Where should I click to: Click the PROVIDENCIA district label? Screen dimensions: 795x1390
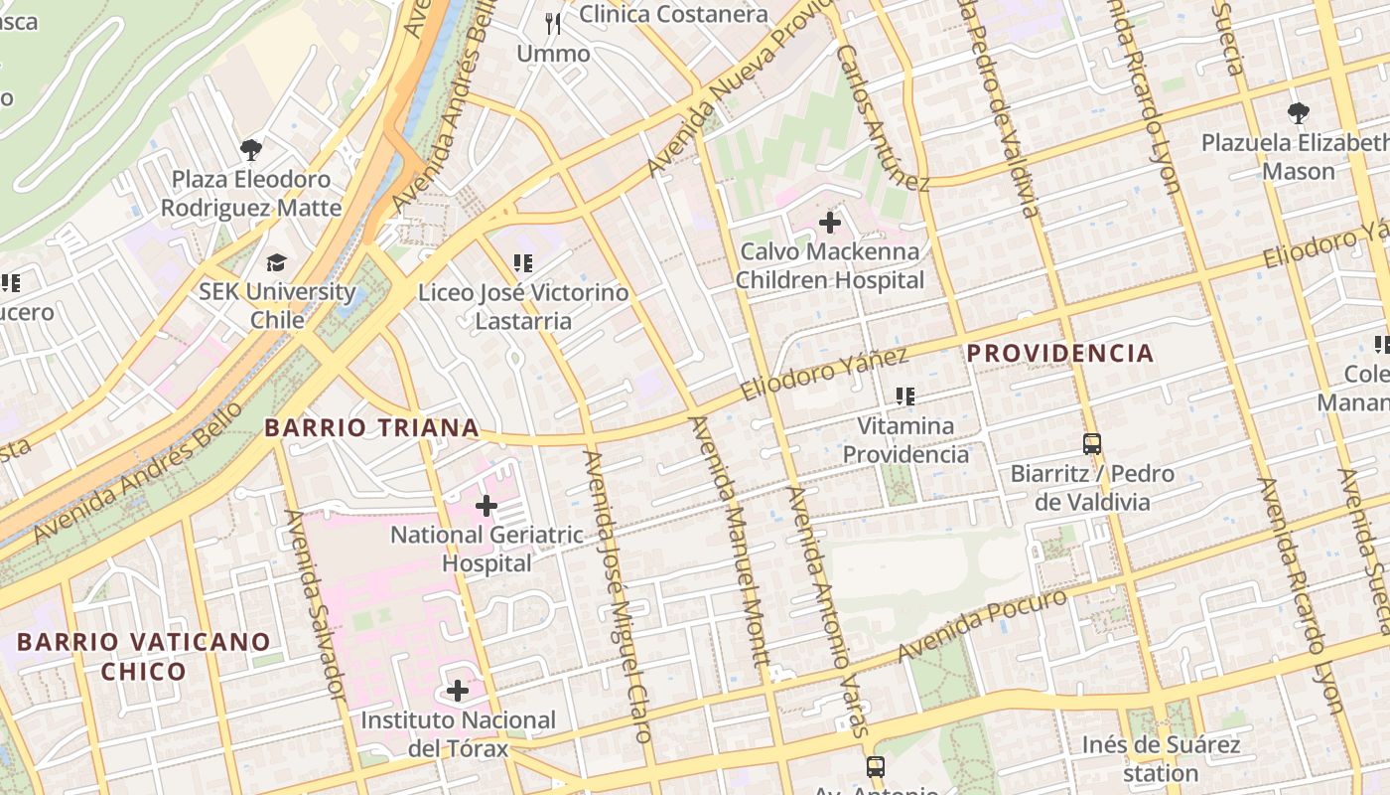point(1060,353)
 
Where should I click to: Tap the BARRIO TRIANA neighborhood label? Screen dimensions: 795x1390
point(371,428)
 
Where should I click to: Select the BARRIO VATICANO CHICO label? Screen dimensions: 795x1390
point(143,656)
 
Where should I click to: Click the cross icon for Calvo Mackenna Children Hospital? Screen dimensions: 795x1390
point(830,223)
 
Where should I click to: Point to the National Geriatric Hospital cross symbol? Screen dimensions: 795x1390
point(486,506)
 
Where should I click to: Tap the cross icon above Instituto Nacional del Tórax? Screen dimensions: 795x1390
point(458,690)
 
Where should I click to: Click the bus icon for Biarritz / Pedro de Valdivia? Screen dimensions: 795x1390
point(1092,444)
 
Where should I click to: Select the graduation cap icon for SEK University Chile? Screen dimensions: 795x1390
point(276,262)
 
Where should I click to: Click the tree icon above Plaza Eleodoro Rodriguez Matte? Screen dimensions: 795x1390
point(251,150)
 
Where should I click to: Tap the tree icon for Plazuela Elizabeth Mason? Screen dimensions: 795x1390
point(1298,113)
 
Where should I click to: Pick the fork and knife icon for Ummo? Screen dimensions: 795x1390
point(553,23)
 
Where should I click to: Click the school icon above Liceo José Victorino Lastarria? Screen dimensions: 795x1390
point(522,263)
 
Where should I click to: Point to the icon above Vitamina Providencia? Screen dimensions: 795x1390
point(904,397)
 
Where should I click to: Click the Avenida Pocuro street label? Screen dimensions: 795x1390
point(982,624)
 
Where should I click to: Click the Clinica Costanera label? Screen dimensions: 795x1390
point(673,14)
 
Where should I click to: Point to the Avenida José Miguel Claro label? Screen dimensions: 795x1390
point(618,596)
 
